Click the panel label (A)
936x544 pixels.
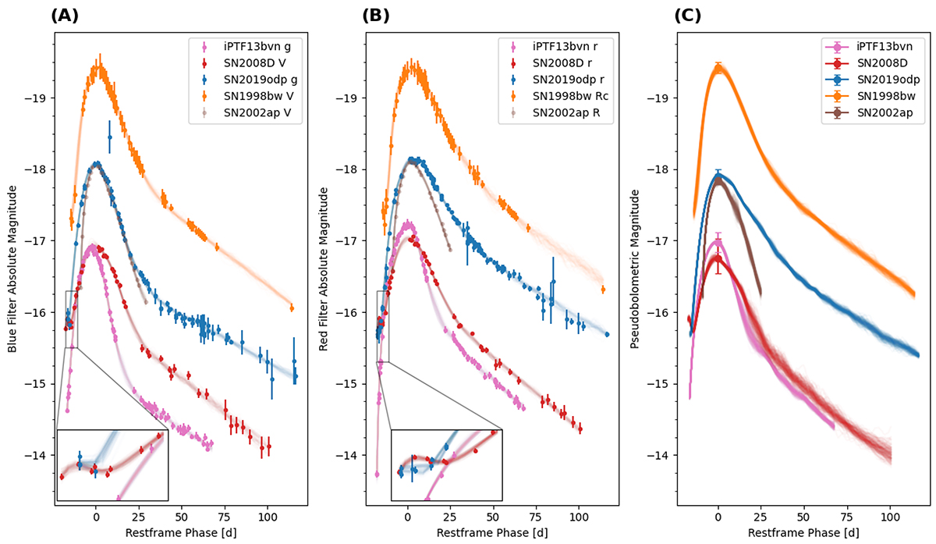(x=65, y=15)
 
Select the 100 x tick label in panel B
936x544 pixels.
(x=578, y=517)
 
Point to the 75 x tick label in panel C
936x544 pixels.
(x=847, y=517)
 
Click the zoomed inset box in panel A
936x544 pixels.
(x=112, y=464)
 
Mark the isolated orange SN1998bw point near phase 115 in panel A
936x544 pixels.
(x=292, y=308)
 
